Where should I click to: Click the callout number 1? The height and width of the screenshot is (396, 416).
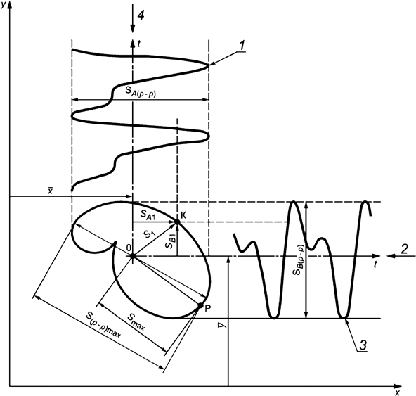pyautogui.click(x=241, y=46)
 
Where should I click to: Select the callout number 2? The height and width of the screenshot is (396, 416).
pyautogui.click(x=404, y=248)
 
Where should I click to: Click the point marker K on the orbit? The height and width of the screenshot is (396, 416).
pyautogui.click(x=177, y=222)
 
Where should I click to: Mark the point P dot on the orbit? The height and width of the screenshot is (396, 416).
pyautogui.click(x=201, y=306)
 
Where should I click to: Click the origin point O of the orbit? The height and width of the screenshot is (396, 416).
pyautogui.click(x=132, y=256)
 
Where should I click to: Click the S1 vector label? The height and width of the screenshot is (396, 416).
pyautogui.click(x=148, y=235)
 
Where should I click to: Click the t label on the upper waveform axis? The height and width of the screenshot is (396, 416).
pyautogui.click(x=141, y=43)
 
